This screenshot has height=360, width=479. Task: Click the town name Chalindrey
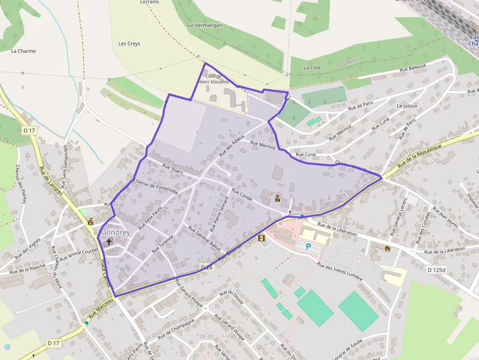point(112,233)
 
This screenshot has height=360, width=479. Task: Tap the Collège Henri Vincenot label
point(214,79)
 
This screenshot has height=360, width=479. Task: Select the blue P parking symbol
point(308,247)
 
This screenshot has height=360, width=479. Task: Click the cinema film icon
point(261,238)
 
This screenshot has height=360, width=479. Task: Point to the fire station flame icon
point(388,248)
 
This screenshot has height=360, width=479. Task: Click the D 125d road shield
point(437,270)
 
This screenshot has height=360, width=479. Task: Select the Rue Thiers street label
point(173,169)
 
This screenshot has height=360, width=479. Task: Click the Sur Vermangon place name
point(204,25)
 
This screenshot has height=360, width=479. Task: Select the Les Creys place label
point(130,44)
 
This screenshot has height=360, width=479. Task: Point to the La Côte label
point(312,67)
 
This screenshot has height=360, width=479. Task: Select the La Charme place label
point(23,51)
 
